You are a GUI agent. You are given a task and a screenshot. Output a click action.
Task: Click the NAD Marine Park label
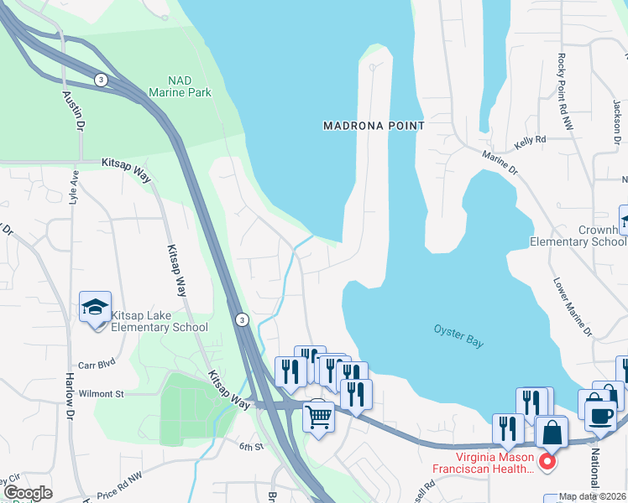180,86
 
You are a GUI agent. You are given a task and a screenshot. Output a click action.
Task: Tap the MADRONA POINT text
374,125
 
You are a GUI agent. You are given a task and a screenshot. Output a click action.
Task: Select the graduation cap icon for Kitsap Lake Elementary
95,308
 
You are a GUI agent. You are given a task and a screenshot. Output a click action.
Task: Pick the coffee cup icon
600,416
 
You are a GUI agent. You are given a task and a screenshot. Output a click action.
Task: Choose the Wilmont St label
101,393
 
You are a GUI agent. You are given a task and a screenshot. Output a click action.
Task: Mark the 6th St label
250,447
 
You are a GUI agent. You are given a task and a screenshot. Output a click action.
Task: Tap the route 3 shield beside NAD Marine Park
100,79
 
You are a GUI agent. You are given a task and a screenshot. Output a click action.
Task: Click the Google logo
28,493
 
